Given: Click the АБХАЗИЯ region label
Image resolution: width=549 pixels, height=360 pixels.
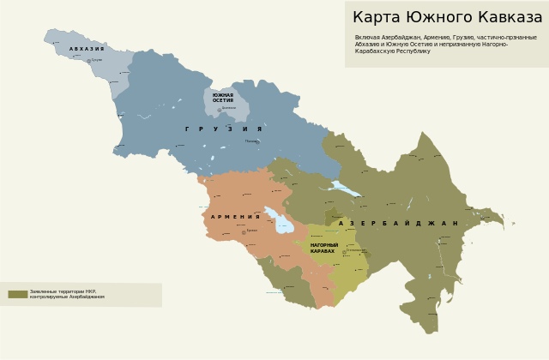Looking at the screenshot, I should tap(87, 49).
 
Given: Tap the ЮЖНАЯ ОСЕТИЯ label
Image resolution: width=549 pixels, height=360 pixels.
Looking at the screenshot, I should tap(223, 98).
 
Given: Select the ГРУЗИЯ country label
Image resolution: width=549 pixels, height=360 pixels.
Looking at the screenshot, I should tap(223, 129).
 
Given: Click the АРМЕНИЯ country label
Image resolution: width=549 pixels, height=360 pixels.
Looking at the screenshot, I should tap(235, 217).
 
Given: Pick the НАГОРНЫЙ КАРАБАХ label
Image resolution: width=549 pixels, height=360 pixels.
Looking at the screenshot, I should tap(324, 248).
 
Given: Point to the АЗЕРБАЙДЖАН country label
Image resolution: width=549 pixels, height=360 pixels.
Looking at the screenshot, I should tap(398, 224).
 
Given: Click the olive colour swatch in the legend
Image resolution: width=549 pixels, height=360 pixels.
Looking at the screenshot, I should tap(18, 294).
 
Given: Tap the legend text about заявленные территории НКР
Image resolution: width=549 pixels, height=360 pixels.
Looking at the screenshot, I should tap(67, 294).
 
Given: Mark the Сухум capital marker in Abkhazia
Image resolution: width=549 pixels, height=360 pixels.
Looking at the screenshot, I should tap(87, 60).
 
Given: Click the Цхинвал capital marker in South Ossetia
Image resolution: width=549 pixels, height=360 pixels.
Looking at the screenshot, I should tap(219, 109).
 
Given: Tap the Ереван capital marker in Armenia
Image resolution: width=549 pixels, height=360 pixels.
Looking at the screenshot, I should tap(243, 231).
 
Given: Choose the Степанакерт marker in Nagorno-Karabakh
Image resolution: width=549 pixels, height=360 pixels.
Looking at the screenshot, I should tap(344, 251).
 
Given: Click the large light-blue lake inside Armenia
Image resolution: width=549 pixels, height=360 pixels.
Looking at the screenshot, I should tap(279, 221).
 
